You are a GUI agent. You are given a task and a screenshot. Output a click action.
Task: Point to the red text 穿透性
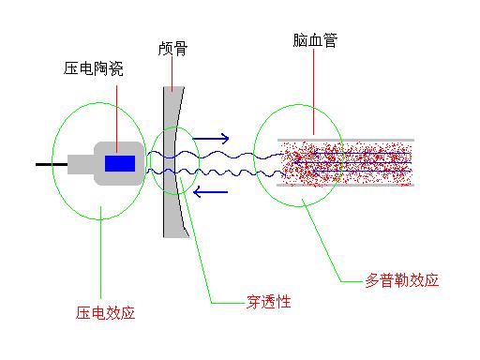pyautogui.click(x=268, y=302)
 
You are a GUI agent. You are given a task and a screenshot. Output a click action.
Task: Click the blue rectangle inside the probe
pyautogui.click(x=119, y=164)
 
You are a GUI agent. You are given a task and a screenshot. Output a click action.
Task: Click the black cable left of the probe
pyautogui.click(x=50, y=164)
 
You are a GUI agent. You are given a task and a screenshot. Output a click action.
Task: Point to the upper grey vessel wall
pyautogui.click(x=347, y=141)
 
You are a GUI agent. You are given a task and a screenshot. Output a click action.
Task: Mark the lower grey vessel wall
pyautogui.click(x=347, y=185)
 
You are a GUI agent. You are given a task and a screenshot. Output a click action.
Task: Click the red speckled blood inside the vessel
pyautogui.click(x=347, y=163)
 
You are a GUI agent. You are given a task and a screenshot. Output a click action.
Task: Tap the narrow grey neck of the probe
pyautogui.click(x=85, y=164)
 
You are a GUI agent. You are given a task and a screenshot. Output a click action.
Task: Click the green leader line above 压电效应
pyautogui.click(x=100, y=262)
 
